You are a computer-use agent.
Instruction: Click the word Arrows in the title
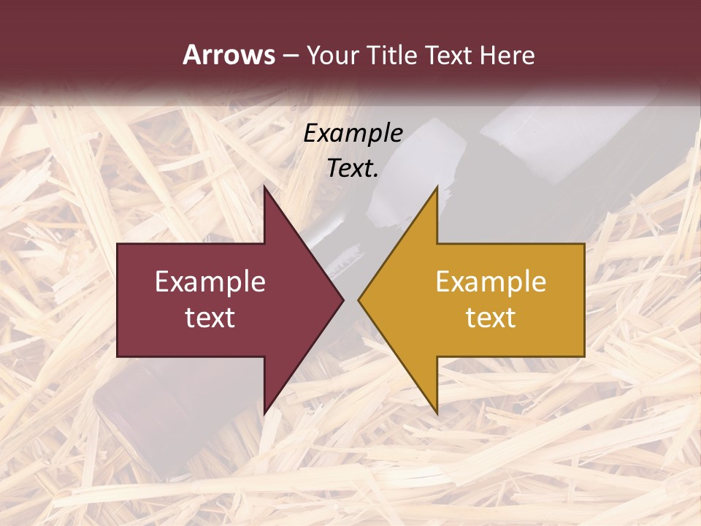click(x=229, y=56)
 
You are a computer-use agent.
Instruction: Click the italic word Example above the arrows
click(x=353, y=133)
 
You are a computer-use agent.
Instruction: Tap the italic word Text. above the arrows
click(x=353, y=168)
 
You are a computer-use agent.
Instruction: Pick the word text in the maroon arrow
click(x=210, y=318)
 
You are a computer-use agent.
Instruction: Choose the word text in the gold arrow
click(x=491, y=318)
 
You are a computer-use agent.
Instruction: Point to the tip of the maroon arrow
click(x=342, y=300)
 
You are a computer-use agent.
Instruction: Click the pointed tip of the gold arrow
click(x=360, y=300)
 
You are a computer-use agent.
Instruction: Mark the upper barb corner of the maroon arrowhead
click(x=264, y=188)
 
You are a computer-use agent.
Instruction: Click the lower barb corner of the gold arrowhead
click(x=437, y=413)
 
